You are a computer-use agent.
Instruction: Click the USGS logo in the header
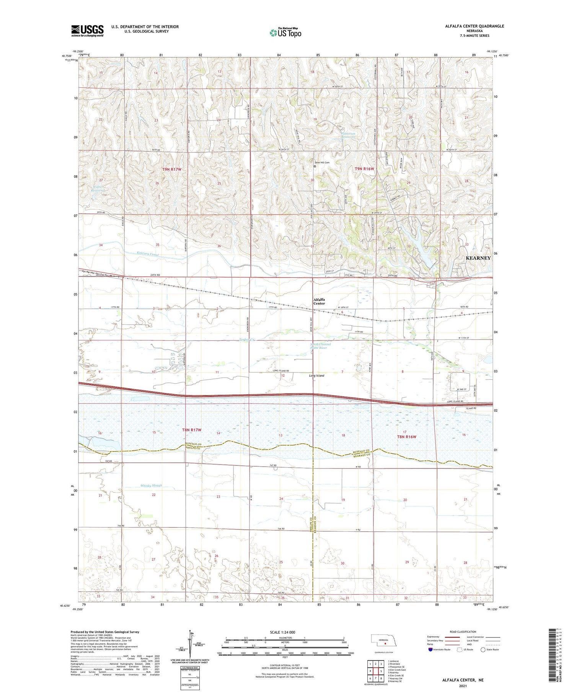87,31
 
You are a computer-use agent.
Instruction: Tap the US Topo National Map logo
285,33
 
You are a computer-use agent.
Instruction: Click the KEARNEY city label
478,258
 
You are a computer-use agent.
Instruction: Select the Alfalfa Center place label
319,301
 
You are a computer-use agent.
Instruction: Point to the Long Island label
316,376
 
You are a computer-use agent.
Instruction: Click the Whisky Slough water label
151,485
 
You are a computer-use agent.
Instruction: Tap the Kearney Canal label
148,254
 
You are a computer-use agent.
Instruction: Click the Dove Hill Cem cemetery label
322,163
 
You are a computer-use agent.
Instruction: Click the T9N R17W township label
171,169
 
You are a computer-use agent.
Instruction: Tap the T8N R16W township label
406,437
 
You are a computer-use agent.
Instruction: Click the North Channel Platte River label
320,346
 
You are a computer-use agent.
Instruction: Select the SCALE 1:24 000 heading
282,632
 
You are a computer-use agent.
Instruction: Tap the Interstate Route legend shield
430,650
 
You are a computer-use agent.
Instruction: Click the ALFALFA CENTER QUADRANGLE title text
475,26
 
